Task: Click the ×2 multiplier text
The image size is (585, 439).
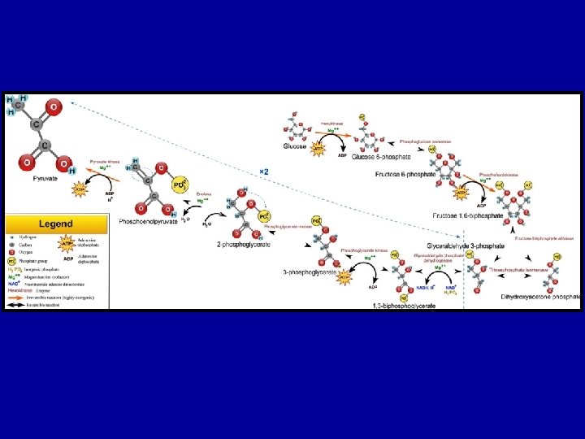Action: point(264,172)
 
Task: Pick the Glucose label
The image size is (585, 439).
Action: point(295,147)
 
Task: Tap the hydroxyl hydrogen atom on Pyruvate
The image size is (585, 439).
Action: point(72,172)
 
